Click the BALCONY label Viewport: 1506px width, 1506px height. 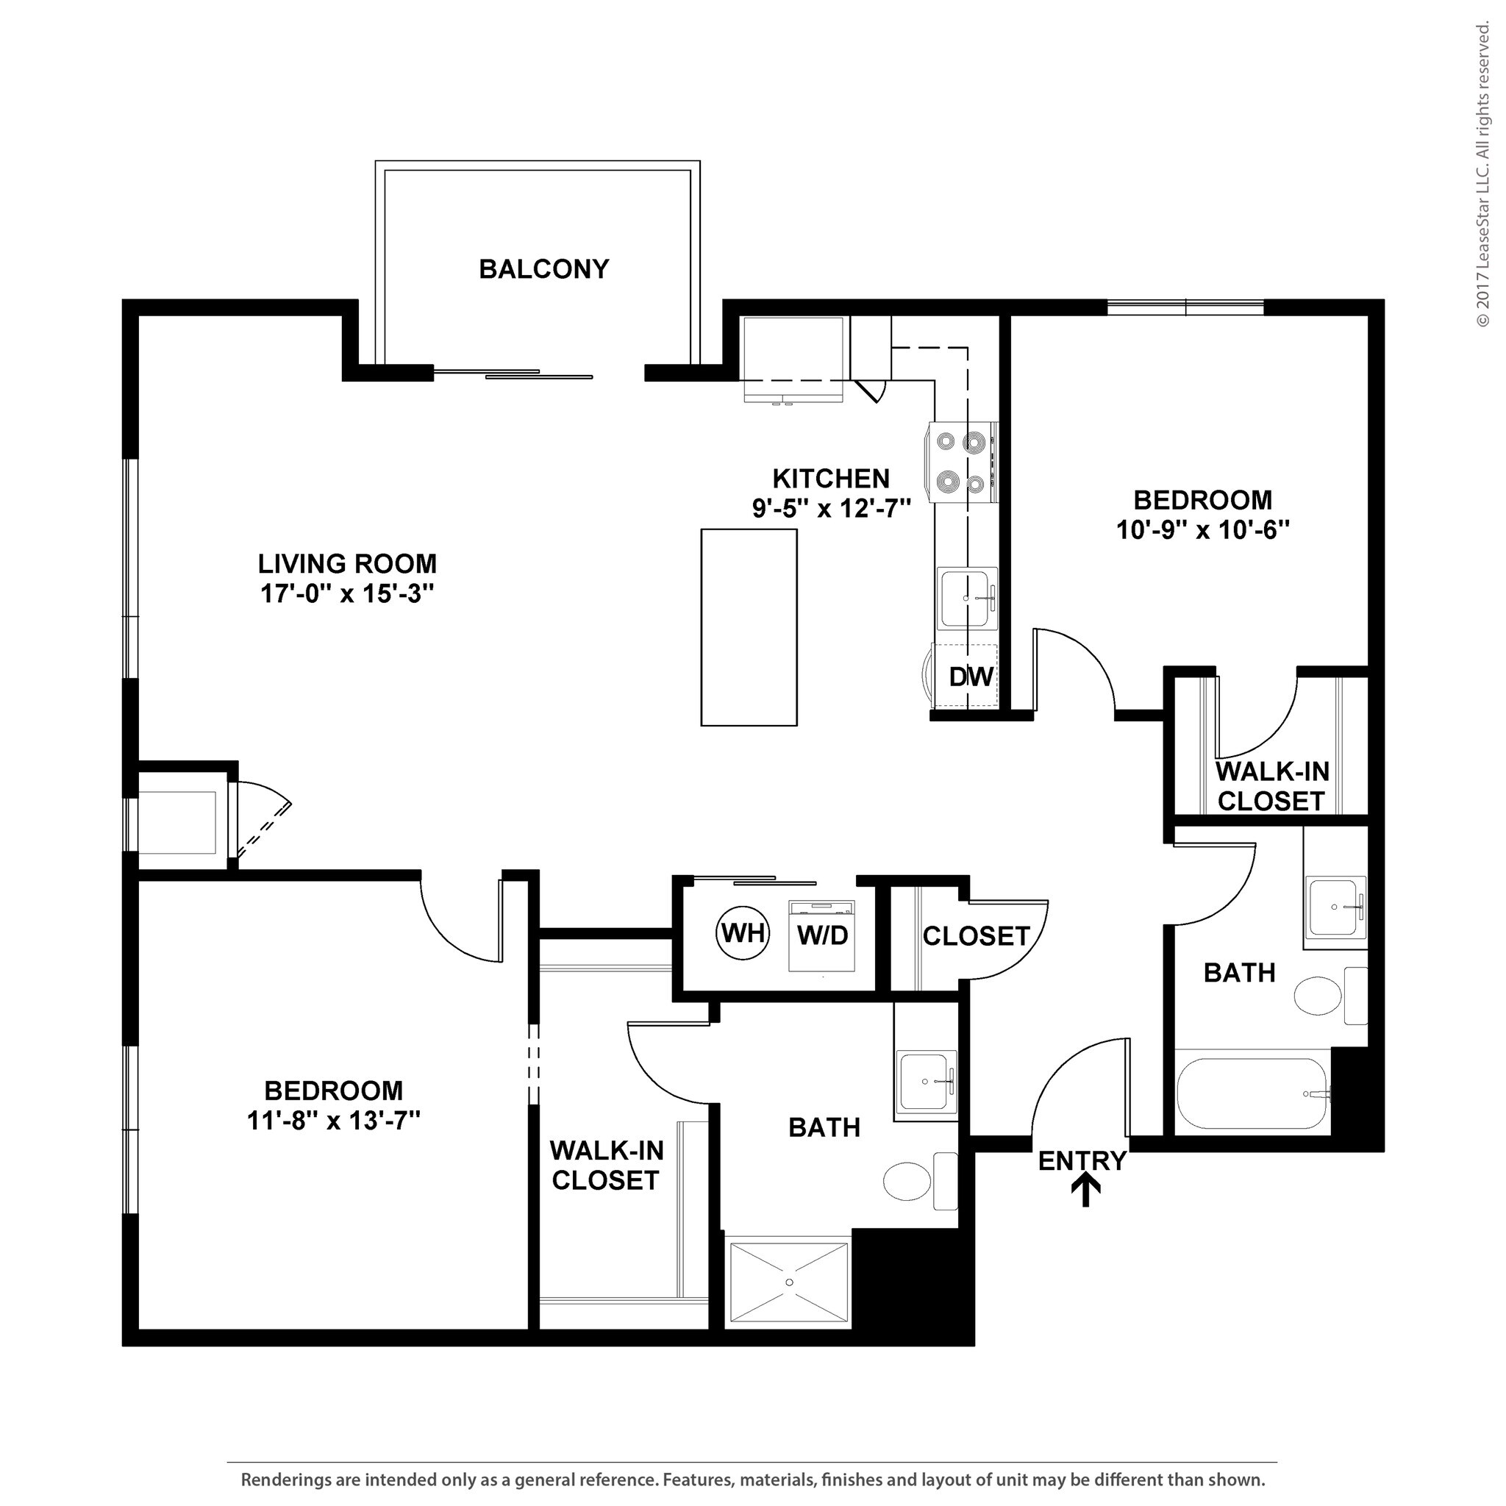(x=543, y=269)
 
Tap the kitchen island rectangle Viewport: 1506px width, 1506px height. (x=749, y=627)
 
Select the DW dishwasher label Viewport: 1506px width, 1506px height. (x=971, y=677)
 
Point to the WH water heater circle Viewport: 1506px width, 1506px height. (x=743, y=932)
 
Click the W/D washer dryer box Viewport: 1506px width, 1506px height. (x=822, y=935)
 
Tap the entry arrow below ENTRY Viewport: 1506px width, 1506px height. (x=1085, y=1191)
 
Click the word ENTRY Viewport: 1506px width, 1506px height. (x=1082, y=1160)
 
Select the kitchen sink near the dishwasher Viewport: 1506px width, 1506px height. (x=968, y=599)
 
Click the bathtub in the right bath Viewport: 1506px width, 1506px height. (x=1251, y=1093)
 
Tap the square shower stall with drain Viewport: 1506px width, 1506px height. (x=789, y=1282)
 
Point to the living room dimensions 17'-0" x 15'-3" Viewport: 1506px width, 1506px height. (x=347, y=594)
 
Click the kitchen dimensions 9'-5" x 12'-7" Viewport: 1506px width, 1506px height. (x=831, y=509)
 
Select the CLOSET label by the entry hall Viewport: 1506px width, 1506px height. (x=976, y=936)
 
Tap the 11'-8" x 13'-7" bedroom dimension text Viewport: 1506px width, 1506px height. (x=334, y=1121)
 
